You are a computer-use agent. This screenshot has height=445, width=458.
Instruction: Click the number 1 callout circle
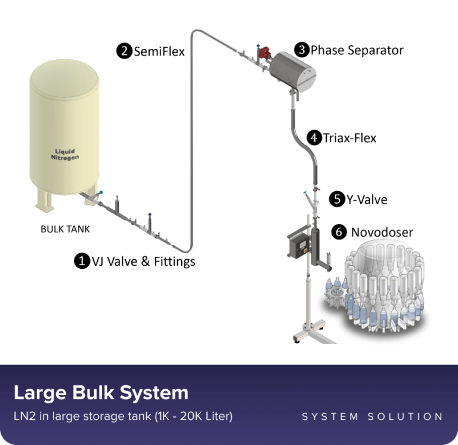[82, 260]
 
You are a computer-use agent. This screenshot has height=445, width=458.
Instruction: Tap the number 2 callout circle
[125, 51]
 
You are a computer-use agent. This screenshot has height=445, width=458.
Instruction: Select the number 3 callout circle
[302, 50]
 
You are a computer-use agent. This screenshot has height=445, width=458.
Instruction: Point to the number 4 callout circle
[314, 137]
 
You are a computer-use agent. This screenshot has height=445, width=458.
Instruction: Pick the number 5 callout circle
[337, 200]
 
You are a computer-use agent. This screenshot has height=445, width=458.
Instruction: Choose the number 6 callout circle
[339, 232]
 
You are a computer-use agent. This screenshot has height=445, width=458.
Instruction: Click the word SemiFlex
[159, 51]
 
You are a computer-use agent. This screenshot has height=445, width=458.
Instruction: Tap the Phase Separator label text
[357, 50]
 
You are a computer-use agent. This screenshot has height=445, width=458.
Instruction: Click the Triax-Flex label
[349, 138]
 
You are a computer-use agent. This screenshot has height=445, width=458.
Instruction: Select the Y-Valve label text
[367, 200]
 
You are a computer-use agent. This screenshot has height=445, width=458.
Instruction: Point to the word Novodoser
[382, 232]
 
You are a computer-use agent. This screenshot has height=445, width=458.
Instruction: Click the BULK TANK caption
[65, 229]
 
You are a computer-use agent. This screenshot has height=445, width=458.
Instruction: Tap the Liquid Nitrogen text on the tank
[65, 154]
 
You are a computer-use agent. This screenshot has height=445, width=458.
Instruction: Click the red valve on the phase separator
[265, 53]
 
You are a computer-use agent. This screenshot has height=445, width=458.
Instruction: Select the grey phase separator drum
[292, 72]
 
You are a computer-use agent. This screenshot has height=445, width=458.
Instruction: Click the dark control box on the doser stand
[299, 244]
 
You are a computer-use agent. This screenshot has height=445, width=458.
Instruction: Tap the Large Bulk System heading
[101, 392]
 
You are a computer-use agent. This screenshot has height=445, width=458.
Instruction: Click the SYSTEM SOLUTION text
[372, 416]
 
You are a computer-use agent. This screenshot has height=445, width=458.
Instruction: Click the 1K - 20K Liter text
[193, 416]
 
